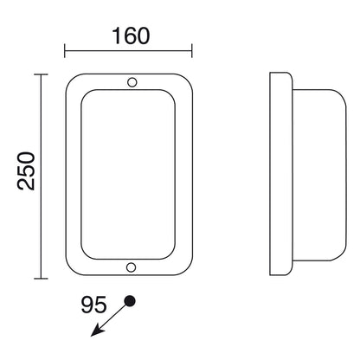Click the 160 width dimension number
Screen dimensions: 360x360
(131, 36)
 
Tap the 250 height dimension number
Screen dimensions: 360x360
(26, 171)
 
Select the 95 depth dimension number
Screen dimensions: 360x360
(93, 305)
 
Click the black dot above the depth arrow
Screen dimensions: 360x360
(130, 301)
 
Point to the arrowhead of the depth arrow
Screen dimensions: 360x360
(97, 331)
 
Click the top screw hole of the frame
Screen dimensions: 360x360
(132, 82)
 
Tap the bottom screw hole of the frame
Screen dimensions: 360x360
(131, 267)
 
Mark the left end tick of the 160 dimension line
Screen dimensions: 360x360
(65, 51)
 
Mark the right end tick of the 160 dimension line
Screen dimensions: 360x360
(192, 51)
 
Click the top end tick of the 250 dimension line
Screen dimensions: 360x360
(41, 74)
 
